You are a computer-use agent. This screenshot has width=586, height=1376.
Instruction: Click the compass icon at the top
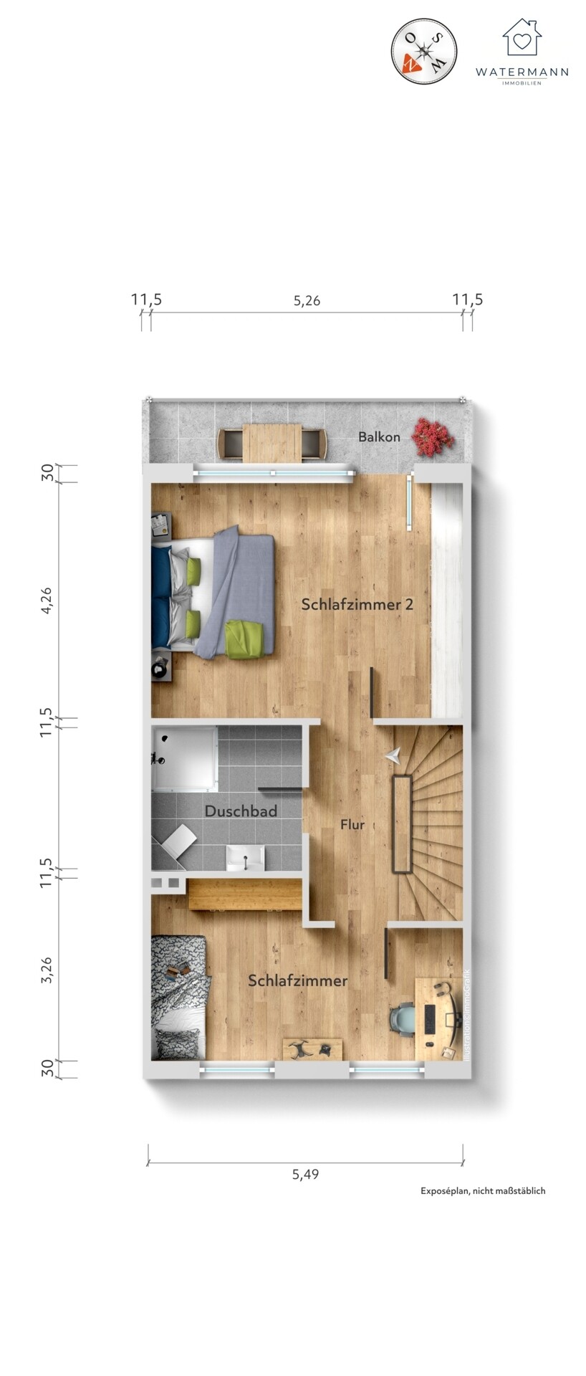[424, 52]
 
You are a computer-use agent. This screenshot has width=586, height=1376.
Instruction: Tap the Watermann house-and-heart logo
[522, 37]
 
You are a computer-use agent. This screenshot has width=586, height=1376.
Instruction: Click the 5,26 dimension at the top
[307, 300]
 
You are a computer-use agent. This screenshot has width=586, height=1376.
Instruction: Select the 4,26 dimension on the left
[47, 600]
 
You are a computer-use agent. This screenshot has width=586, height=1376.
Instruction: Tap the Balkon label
[379, 436]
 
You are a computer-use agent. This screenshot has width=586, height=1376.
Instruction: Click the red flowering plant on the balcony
[432, 438]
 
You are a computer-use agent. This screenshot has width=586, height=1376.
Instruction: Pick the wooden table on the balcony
[272, 443]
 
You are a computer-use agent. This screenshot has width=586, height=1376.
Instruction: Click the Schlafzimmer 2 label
[357, 604]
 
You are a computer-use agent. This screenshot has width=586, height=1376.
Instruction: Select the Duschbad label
[241, 811]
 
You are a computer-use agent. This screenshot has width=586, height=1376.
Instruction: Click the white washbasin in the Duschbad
[246, 857]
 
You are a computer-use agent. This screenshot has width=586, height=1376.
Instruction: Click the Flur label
[352, 825]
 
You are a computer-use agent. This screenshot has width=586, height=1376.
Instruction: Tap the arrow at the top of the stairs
[393, 755]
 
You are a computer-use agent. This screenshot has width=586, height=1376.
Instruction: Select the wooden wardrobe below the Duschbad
[244, 894]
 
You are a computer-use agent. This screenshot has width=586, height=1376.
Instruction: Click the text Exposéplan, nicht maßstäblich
[483, 1190]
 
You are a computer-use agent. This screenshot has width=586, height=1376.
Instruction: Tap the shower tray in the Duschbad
[184, 758]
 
